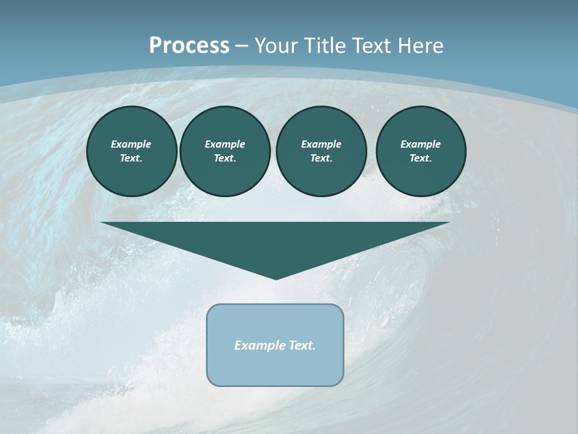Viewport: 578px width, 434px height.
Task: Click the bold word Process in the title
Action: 189,46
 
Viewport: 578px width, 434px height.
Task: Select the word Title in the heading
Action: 326,46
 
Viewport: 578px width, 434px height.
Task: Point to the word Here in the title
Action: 421,46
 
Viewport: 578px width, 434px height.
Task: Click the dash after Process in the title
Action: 241,46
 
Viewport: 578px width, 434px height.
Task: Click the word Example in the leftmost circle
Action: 131,144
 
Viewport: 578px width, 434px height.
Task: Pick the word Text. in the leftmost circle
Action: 131,158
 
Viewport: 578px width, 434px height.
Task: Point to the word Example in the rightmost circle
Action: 421,144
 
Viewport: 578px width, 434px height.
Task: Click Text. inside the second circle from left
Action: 225,158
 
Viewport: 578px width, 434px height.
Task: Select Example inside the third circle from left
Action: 321,144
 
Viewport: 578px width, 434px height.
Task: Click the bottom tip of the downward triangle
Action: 276,278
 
